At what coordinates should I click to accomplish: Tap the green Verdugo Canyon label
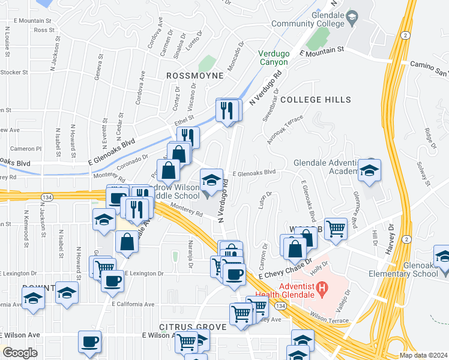pyautogui.click(x=274, y=58)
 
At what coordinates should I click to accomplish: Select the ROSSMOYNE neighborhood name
pyautogui.click(x=194, y=76)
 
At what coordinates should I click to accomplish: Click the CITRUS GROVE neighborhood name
pyautogui.click(x=193, y=327)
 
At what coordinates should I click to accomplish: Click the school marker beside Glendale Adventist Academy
pyautogui.click(x=369, y=170)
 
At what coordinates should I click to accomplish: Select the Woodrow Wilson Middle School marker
pyautogui.click(x=211, y=181)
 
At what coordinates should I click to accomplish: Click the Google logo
pyautogui.click(x=19, y=353)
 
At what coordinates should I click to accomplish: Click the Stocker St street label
pyautogui.click(x=14, y=72)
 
